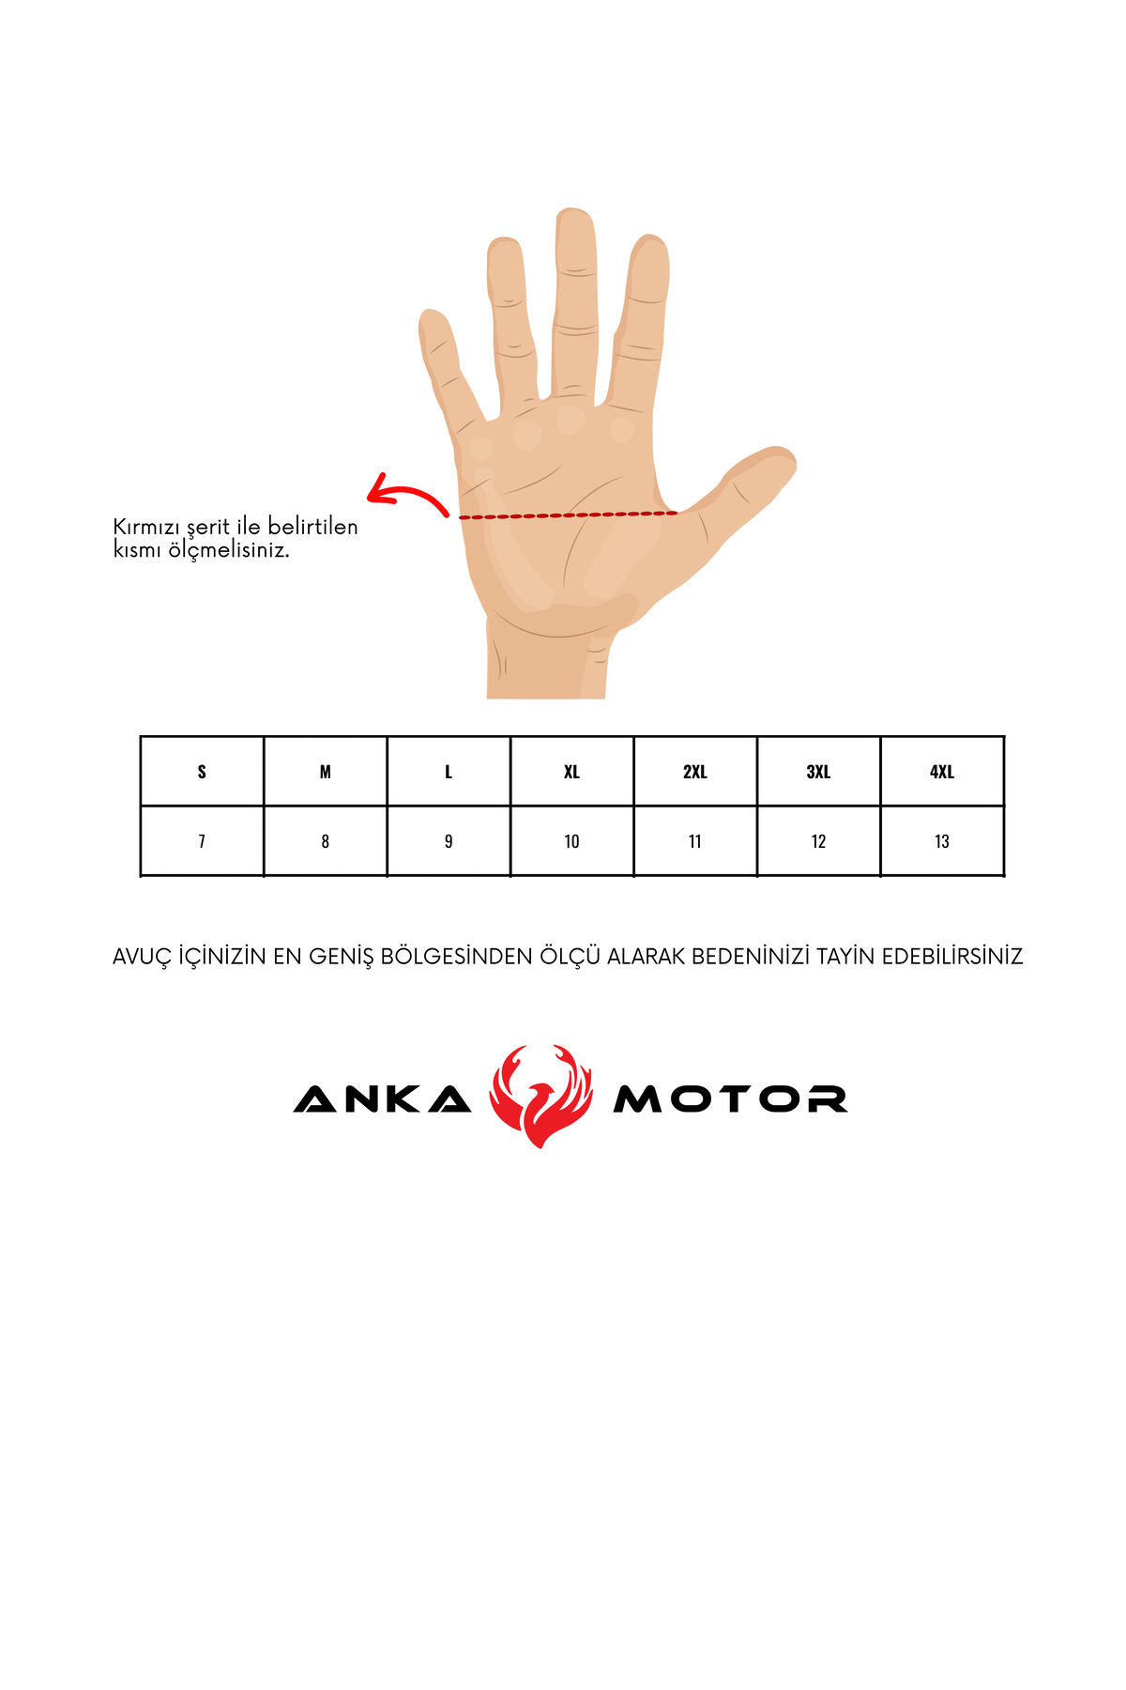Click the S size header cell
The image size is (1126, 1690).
(202, 772)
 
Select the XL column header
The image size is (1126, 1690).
(571, 772)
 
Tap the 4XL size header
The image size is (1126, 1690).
(942, 772)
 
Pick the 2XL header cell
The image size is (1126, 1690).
(695, 772)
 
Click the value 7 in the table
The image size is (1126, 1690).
(202, 841)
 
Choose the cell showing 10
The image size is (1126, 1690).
(571, 841)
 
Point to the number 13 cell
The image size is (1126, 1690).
(942, 841)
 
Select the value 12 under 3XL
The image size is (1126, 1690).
(818, 841)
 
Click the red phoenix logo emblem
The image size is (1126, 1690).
(541, 1096)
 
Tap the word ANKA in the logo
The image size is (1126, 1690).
(383, 1098)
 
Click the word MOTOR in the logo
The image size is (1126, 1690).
(730, 1098)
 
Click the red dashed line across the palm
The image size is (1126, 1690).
(568, 515)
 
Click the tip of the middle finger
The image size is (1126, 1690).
(575, 214)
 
